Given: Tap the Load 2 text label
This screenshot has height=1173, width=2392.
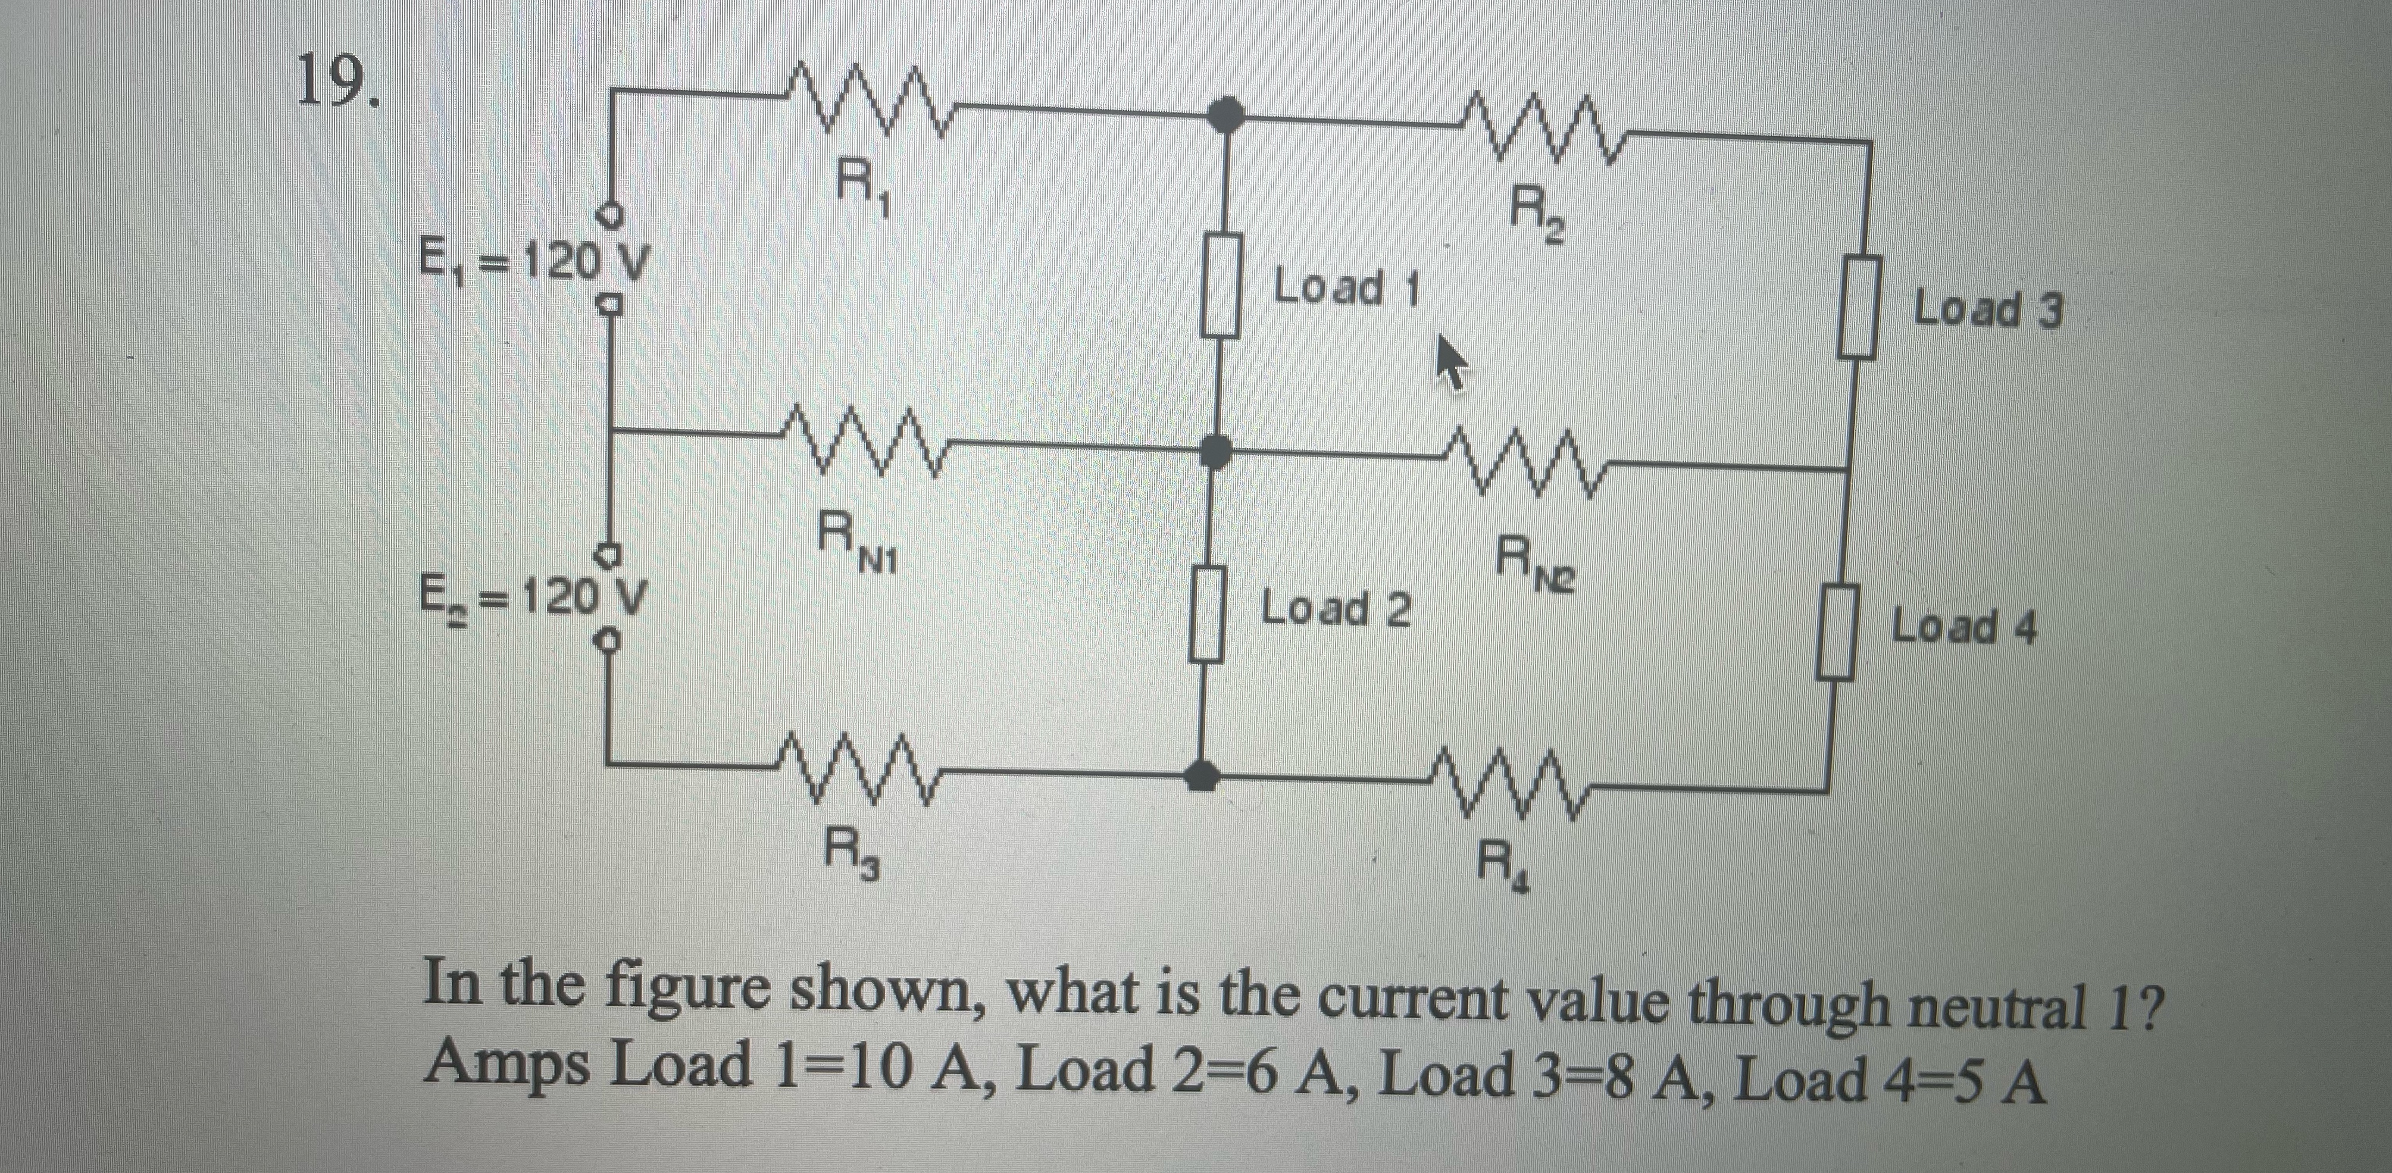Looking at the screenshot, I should [x=1337, y=610].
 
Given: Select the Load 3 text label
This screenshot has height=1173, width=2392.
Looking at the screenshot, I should [x=1988, y=309].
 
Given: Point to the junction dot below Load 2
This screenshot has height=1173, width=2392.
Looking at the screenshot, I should [x=1205, y=771].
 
